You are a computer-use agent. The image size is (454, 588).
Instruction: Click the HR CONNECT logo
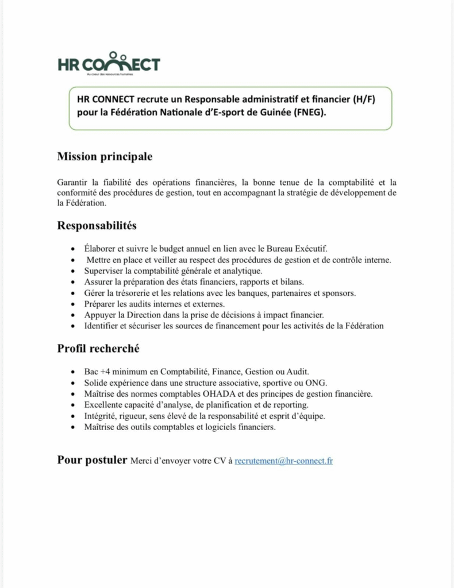(x=109, y=65)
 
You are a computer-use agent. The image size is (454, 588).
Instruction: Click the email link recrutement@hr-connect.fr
(x=284, y=461)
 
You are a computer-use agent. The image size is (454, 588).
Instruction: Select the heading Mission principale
(x=105, y=156)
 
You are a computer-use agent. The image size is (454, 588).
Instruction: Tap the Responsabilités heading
(x=97, y=226)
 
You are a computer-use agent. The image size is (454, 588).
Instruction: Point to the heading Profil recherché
(x=98, y=349)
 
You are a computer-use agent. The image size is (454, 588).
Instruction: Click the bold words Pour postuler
(x=92, y=460)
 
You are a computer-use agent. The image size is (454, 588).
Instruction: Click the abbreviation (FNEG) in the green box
(x=309, y=113)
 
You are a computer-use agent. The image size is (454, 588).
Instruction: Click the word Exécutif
(x=309, y=249)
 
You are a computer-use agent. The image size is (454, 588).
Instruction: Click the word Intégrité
(x=101, y=416)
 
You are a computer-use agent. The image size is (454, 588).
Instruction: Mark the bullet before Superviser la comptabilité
(x=72, y=271)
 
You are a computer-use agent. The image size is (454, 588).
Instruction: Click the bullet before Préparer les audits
(x=72, y=304)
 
